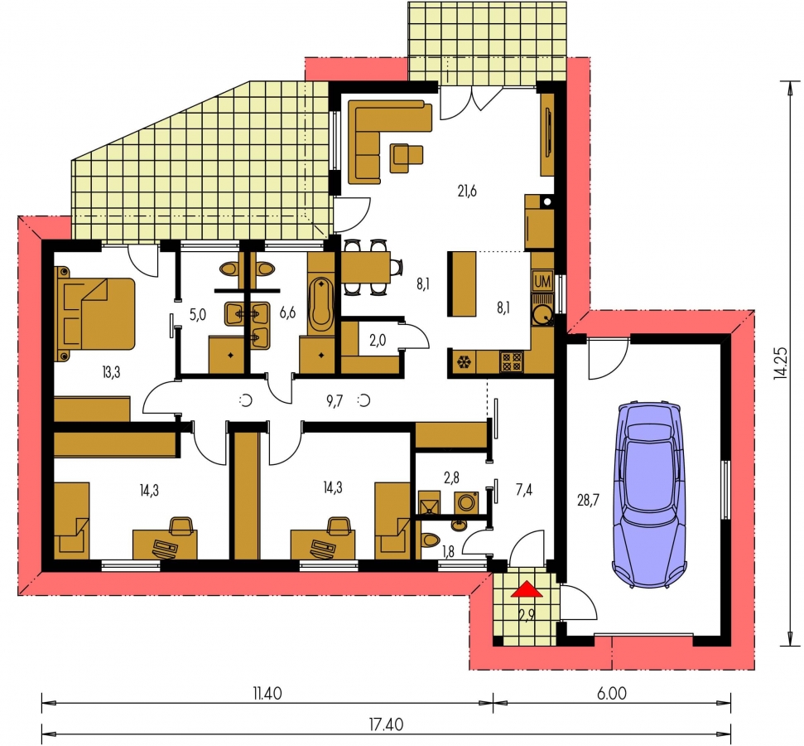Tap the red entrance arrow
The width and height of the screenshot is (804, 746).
[527, 589]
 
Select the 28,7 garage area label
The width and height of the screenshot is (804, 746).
[588, 499]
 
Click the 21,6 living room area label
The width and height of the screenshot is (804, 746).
[467, 191]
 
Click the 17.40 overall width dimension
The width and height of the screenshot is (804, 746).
[386, 724]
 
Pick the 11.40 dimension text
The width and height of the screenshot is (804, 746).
[267, 694]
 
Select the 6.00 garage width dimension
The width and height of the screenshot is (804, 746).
[612, 694]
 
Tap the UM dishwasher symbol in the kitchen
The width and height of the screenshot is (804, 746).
[542, 281]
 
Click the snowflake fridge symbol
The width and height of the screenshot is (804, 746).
[464, 362]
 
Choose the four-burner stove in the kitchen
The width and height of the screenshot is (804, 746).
[511, 361]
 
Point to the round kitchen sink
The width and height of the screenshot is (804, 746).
[542, 314]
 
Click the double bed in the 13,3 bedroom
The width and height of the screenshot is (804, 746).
[95, 313]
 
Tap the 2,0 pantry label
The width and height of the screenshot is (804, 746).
[378, 340]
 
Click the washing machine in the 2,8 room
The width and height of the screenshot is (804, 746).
[466, 502]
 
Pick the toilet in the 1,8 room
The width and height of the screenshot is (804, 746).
[430, 540]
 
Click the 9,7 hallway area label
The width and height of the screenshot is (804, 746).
[335, 401]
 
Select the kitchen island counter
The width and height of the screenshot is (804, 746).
[462, 283]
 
